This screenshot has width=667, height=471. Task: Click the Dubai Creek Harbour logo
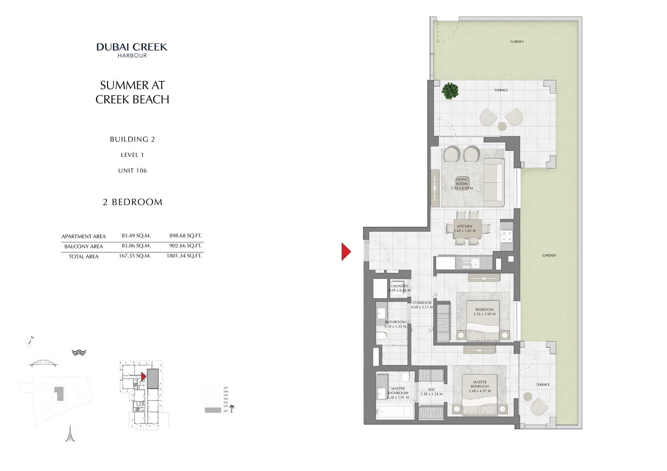132,50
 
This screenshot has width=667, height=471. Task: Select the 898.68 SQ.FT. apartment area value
185,236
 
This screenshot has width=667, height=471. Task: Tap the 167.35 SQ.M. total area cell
135,256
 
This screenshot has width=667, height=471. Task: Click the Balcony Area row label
83,246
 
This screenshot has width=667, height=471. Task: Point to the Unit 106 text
132,170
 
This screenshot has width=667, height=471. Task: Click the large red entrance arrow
345,251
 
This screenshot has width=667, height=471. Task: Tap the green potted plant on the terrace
450,91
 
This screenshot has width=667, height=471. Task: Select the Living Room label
462,181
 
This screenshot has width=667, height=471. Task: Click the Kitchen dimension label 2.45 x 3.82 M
465,231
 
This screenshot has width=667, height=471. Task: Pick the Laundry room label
400,286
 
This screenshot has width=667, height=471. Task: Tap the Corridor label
422,303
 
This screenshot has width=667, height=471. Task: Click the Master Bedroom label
480,384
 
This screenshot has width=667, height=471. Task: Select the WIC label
432,390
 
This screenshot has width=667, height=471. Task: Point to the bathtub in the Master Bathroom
394,412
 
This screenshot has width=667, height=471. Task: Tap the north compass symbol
30,342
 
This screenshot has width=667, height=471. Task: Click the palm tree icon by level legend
232,408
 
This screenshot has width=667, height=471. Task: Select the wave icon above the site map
79,353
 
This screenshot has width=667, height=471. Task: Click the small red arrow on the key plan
144,377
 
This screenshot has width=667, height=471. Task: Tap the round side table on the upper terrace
502,126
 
